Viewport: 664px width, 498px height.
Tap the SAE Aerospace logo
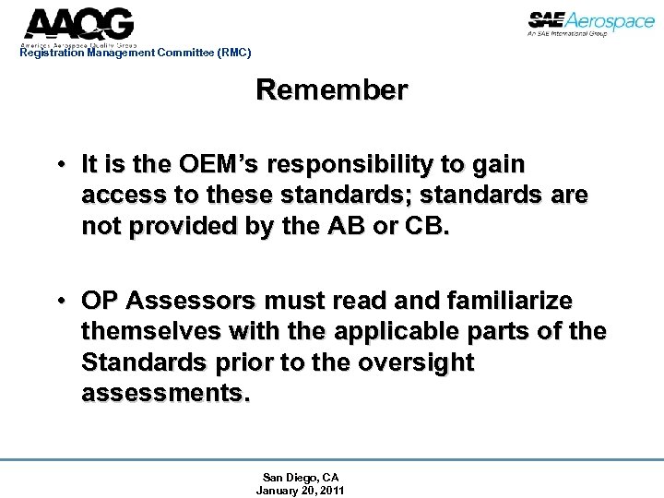(x=590, y=23)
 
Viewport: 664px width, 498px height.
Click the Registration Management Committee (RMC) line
(x=135, y=53)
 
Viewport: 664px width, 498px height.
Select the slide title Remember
(x=331, y=90)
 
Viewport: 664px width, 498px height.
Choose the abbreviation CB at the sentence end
(x=428, y=227)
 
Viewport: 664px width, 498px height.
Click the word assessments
(x=165, y=394)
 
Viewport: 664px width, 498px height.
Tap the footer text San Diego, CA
(x=301, y=478)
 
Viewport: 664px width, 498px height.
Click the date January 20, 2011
(x=301, y=491)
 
